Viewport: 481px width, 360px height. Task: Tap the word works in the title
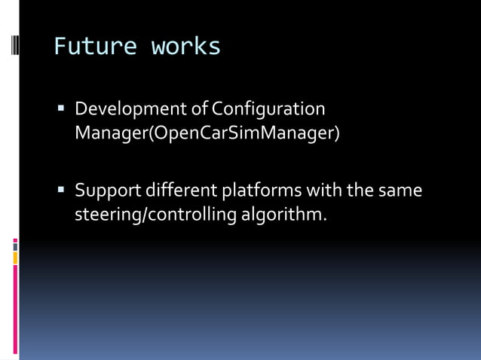click(x=186, y=47)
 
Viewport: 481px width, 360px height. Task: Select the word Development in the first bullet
click(x=131, y=110)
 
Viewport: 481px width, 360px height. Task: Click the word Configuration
click(x=268, y=110)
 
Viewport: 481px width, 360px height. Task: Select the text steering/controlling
click(x=155, y=215)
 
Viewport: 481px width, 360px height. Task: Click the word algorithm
click(x=282, y=215)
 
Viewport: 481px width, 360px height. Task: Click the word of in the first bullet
click(x=199, y=110)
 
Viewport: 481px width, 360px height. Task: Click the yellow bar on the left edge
click(x=15, y=258)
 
